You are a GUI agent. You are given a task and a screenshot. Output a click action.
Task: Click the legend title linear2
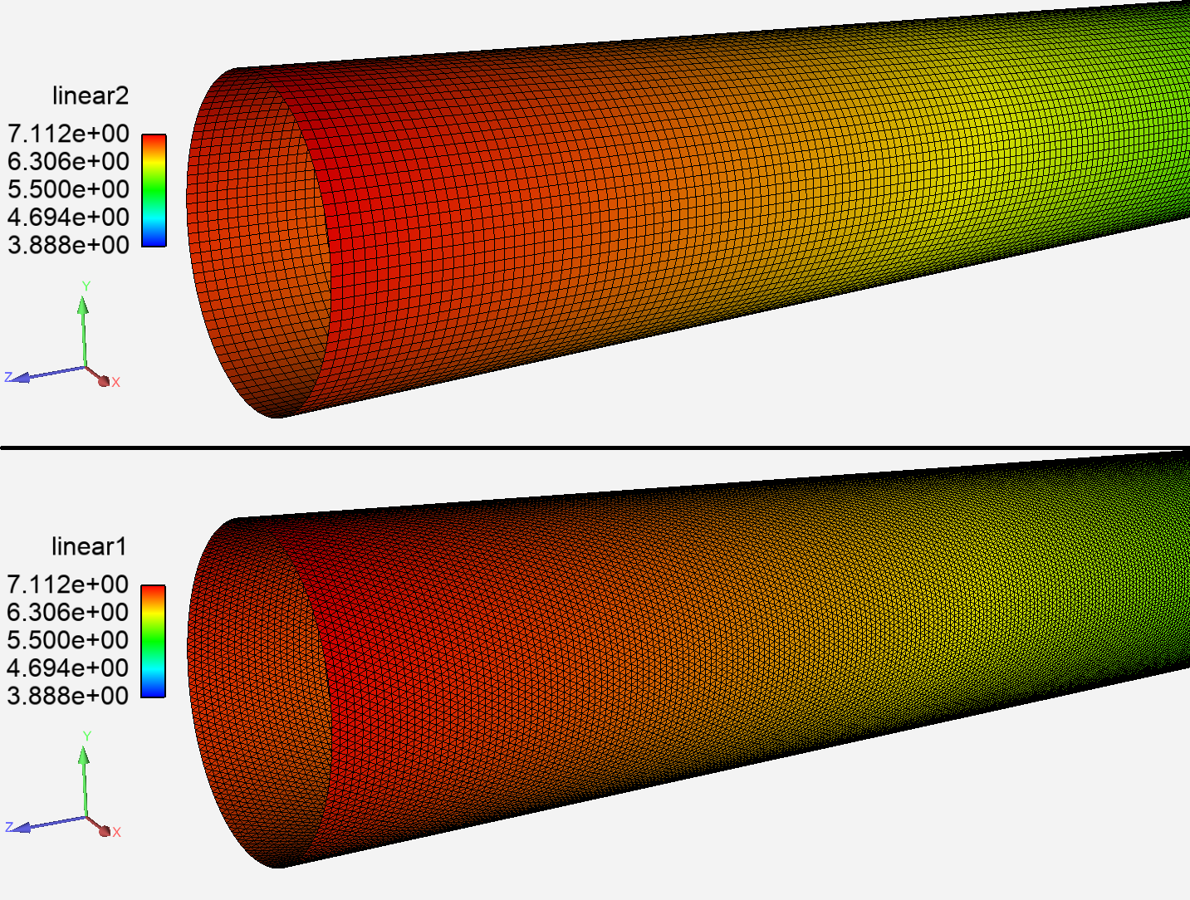(91, 96)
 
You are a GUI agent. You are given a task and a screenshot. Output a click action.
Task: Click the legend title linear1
(89, 547)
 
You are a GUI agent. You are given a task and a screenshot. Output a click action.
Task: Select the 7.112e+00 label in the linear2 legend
(68, 134)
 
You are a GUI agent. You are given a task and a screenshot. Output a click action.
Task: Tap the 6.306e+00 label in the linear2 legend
(68, 161)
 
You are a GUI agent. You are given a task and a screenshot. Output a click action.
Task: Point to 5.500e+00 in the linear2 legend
(68, 189)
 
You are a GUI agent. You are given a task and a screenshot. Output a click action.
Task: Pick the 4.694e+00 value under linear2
(68, 218)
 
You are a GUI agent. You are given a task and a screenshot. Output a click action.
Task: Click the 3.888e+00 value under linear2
(68, 245)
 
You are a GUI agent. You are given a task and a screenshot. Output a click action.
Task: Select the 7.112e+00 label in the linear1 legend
(67, 585)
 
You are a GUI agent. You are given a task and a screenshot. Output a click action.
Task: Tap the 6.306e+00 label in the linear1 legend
(67, 613)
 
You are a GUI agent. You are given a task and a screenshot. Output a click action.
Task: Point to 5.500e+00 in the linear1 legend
(67, 640)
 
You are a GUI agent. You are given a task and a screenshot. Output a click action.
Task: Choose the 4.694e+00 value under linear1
(67, 668)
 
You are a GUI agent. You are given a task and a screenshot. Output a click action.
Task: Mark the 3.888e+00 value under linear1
(67, 696)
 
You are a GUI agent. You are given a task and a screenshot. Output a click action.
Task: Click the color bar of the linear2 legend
(154, 190)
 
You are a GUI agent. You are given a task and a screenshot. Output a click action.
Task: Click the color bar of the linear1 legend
(153, 641)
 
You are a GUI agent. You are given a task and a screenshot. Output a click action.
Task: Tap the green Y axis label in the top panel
(86, 286)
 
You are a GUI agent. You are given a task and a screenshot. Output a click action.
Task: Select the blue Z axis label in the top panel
(8, 377)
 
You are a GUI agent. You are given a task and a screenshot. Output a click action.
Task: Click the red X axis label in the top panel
(116, 383)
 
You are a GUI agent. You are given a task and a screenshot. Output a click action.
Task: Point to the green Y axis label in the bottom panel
(86, 736)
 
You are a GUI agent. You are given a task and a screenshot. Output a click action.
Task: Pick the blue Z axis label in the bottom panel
(8, 827)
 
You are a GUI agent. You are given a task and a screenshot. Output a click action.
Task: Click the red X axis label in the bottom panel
(117, 832)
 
